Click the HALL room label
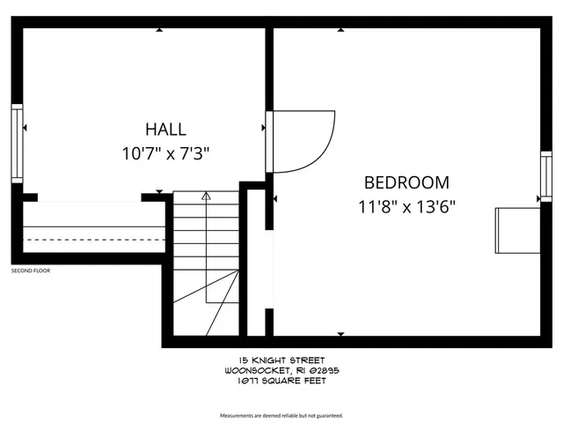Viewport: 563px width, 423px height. (x=165, y=129)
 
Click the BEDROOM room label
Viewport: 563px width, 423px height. (x=406, y=183)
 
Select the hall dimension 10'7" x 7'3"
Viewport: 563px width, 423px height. (x=165, y=153)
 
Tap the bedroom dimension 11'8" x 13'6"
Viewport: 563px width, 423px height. (x=406, y=209)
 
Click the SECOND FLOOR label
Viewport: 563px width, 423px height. (x=31, y=271)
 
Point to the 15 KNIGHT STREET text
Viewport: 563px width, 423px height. (x=281, y=360)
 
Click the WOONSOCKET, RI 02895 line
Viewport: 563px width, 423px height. (x=281, y=371)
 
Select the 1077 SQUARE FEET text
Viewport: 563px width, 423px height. (x=281, y=382)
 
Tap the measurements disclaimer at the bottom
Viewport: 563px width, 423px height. (x=281, y=414)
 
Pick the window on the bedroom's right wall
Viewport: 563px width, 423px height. (x=545, y=177)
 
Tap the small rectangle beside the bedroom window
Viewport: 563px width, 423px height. (x=517, y=231)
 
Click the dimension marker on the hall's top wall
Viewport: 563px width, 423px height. (x=159, y=30)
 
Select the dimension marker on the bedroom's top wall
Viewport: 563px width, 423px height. (x=340, y=30)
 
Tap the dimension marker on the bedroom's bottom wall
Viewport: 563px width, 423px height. (x=340, y=333)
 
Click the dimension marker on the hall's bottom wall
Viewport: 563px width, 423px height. (x=159, y=191)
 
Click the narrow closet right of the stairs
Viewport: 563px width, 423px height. (x=256, y=264)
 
